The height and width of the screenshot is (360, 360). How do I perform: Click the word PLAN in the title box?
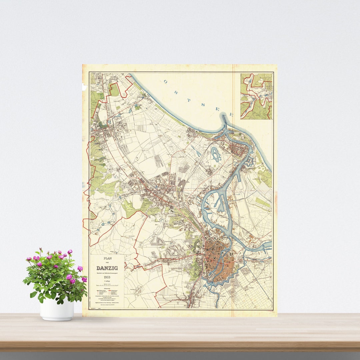tap(107, 258)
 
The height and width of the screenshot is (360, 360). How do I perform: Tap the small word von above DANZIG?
tap(107, 263)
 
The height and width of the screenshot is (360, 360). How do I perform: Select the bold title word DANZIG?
tap(107, 268)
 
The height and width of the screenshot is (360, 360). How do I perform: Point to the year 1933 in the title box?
tap(107, 277)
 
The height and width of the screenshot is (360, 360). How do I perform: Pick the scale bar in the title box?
tap(107, 286)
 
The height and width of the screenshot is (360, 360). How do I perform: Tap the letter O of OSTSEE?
tap(166, 81)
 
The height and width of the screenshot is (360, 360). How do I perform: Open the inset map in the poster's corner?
tap(256, 96)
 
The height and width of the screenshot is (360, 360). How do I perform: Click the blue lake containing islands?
tap(215, 154)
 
